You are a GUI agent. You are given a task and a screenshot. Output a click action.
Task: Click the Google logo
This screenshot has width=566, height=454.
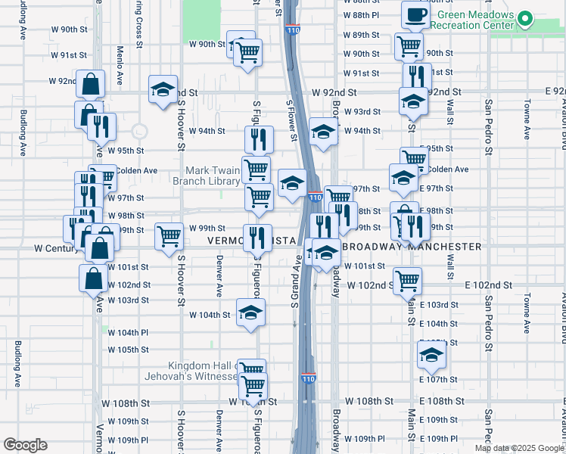click(25, 445)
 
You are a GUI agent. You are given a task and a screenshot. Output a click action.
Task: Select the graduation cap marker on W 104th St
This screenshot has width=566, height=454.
click(251, 312)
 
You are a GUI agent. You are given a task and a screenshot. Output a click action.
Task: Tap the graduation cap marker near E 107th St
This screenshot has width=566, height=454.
click(431, 354)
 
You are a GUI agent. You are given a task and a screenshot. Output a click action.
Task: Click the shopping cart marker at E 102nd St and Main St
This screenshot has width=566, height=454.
click(408, 280)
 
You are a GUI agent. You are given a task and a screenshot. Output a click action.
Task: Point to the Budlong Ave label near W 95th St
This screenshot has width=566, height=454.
click(23, 133)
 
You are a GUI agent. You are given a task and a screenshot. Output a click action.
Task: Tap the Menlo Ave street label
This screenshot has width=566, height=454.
click(120, 56)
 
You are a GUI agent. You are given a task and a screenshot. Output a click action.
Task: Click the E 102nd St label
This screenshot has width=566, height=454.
click(489, 285)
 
